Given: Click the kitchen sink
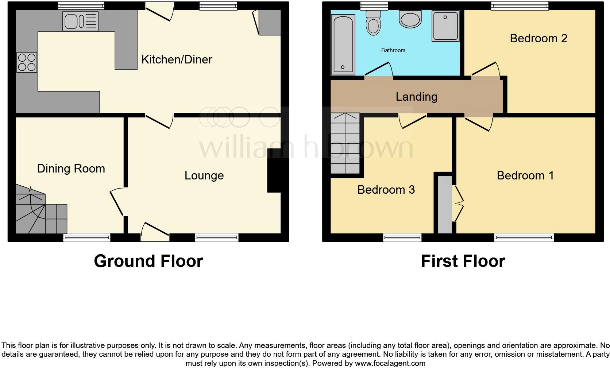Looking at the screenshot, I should click(x=80, y=21).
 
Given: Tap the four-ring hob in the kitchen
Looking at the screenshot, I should click(x=27, y=62).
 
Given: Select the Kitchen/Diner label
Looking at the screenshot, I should click(x=177, y=59).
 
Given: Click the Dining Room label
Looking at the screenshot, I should click(x=71, y=168).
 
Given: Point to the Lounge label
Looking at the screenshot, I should click(x=204, y=175).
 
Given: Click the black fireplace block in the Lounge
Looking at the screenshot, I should click(x=274, y=170).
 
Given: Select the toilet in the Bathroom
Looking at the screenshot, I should click(x=373, y=23).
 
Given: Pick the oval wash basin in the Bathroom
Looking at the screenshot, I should click(x=410, y=19).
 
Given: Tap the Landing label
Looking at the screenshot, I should click(x=416, y=97).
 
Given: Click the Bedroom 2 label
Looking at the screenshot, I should click(x=538, y=38).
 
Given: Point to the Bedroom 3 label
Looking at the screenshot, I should click(x=386, y=190).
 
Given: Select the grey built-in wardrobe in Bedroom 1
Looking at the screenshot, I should click(x=444, y=204).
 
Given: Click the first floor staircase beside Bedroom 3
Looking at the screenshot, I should click(x=345, y=144).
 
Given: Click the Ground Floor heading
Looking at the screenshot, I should click(x=148, y=261).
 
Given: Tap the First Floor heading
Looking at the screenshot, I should click(x=463, y=261).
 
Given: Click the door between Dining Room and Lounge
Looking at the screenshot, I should click(x=117, y=202).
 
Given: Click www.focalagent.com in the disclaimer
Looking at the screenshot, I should click(x=390, y=363).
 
